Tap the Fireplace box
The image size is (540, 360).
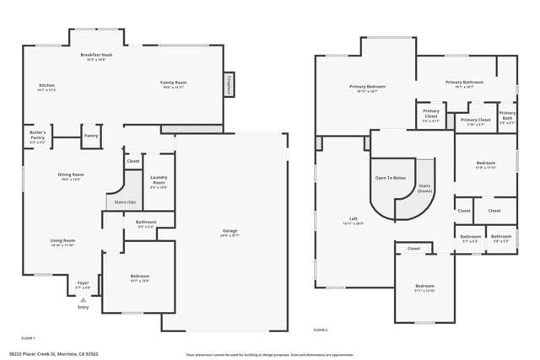tap(229, 85)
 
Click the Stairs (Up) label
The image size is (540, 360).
tap(116, 201)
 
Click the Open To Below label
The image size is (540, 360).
tap(391, 178)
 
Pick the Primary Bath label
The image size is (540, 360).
tap(506, 116)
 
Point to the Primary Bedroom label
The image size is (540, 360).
tap(367, 88)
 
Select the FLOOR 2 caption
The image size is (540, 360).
tap(320, 329)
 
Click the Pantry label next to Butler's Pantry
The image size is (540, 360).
tap(91, 135)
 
